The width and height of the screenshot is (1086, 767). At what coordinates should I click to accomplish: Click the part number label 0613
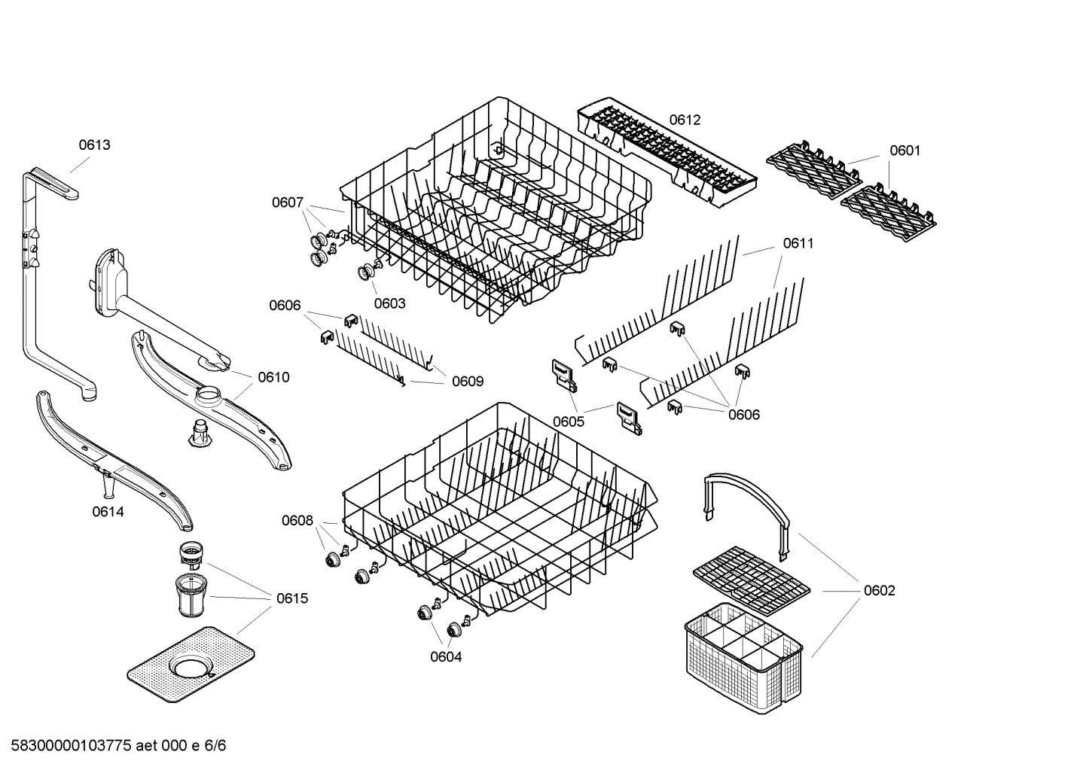click(95, 145)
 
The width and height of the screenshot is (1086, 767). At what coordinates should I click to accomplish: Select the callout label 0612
click(685, 120)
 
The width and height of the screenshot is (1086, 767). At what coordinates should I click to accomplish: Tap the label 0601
click(904, 151)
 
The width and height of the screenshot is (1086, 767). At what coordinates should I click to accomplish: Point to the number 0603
click(389, 303)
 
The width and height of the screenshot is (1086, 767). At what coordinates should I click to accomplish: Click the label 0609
click(468, 382)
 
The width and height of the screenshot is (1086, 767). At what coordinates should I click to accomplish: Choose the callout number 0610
click(273, 377)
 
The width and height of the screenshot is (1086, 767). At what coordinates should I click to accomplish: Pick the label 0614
click(108, 512)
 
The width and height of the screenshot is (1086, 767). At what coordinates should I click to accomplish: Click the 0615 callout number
click(291, 598)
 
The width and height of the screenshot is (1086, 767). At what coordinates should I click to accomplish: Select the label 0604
click(446, 656)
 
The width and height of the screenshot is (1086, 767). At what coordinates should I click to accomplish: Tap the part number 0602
click(879, 590)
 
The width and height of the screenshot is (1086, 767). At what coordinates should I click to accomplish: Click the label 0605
click(569, 422)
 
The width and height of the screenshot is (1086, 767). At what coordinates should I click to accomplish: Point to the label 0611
click(798, 243)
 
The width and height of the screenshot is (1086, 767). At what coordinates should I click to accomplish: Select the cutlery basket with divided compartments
click(742, 659)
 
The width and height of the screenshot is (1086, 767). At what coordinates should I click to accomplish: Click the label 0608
click(297, 520)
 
